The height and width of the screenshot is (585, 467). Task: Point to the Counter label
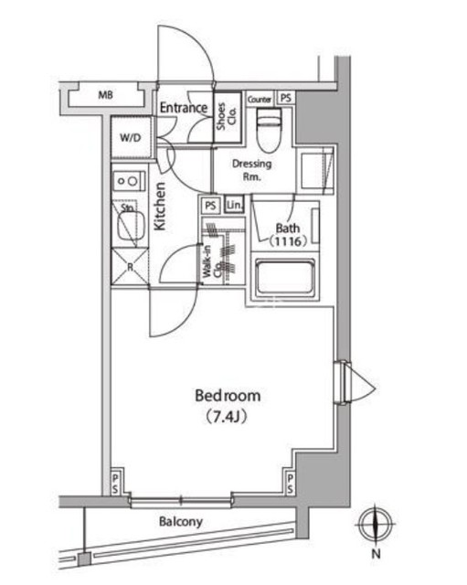click(x=259, y=98)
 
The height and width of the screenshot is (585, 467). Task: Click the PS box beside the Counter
click(x=286, y=98)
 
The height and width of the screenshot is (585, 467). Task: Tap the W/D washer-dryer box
click(x=129, y=140)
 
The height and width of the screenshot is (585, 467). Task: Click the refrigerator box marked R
click(x=129, y=267)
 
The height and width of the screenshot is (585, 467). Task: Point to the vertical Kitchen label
click(x=159, y=206)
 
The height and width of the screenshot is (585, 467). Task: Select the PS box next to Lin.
click(x=211, y=205)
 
